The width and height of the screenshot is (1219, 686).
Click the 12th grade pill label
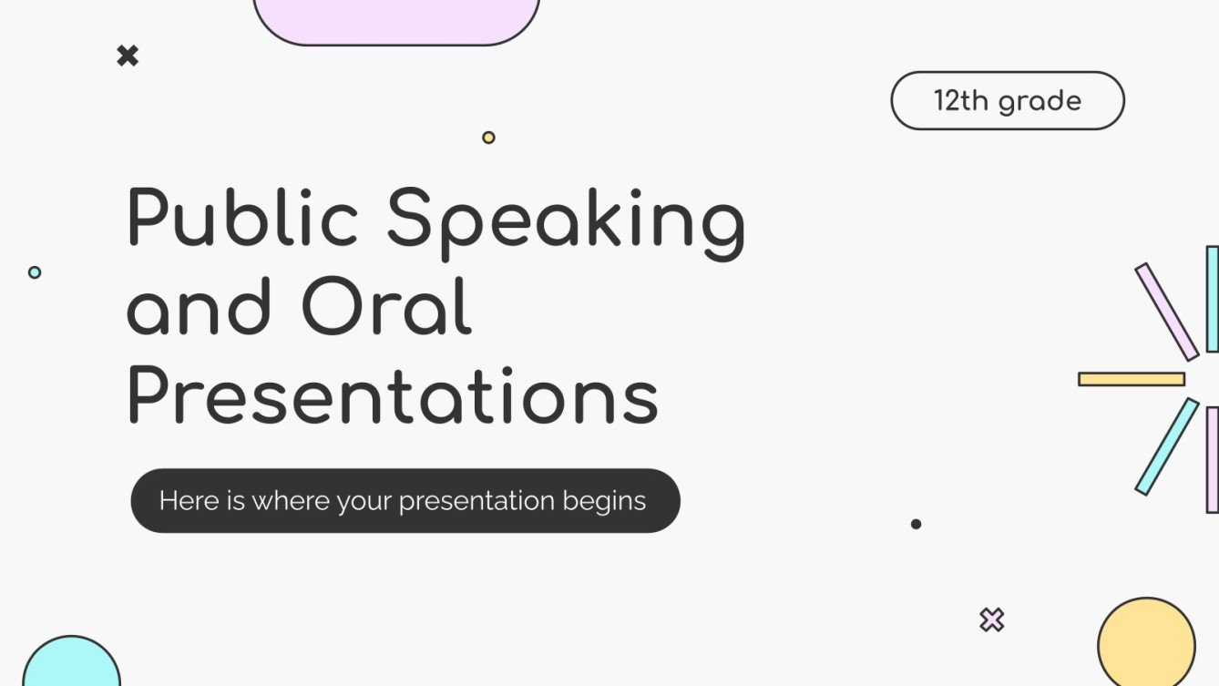tap(1007, 100)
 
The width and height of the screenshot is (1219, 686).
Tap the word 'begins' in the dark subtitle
tap(604, 501)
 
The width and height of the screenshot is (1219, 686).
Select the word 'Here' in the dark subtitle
tap(189, 501)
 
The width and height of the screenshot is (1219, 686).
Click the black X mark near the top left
tap(128, 56)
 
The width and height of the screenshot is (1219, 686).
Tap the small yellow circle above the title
tap(488, 138)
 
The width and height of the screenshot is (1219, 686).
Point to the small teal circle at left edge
tap(35, 271)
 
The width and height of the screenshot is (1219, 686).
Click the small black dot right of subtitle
tap(916, 524)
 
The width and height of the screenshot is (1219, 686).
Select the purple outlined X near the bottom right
tap(991, 620)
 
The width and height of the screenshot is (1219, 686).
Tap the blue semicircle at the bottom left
tap(71, 663)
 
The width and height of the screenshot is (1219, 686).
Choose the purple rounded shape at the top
tap(396, 18)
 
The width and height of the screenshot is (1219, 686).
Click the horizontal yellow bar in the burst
tap(1132, 379)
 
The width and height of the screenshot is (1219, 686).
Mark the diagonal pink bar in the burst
tap(1166, 312)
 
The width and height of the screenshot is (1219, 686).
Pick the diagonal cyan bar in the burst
tap(1166, 446)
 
